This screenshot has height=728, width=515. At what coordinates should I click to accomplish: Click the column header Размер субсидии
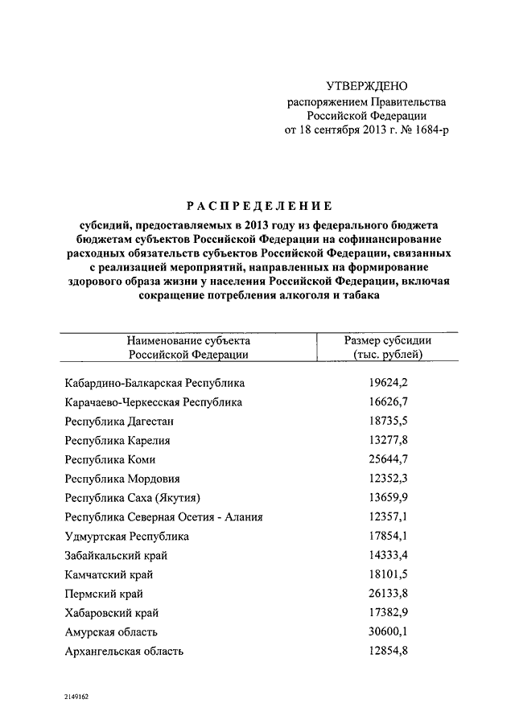tap(388, 339)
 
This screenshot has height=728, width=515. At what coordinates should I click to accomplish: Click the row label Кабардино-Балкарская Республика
tap(155, 383)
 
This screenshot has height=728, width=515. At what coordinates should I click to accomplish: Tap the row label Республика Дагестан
tap(120, 421)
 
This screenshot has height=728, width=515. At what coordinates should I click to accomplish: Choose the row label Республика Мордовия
tap(123, 479)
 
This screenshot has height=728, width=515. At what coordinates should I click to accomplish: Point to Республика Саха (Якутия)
tap(133, 498)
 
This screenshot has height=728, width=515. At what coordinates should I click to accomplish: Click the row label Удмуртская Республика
tap(127, 537)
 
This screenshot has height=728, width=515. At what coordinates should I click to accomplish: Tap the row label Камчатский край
tap(109, 574)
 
